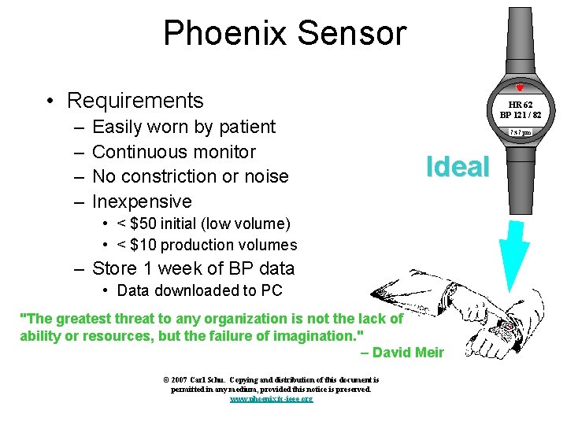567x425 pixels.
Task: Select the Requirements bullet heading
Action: (x=135, y=101)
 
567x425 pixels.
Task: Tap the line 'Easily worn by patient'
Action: (x=183, y=127)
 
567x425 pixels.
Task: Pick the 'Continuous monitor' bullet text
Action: (x=173, y=152)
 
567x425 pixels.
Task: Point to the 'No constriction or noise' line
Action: (x=190, y=176)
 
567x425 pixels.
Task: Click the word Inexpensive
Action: (x=142, y=201)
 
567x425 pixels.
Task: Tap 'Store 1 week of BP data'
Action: (x=193, y=268)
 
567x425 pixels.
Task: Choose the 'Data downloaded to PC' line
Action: (x=199, y=290)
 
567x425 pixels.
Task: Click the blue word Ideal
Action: (x=458, y=166)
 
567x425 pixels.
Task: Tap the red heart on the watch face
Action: (x=520, y=88)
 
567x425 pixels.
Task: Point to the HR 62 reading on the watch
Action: (x=520, y=104)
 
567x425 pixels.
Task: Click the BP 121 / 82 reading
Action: (x=520, y=115)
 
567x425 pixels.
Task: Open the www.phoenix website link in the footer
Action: (x=271, y=399)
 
